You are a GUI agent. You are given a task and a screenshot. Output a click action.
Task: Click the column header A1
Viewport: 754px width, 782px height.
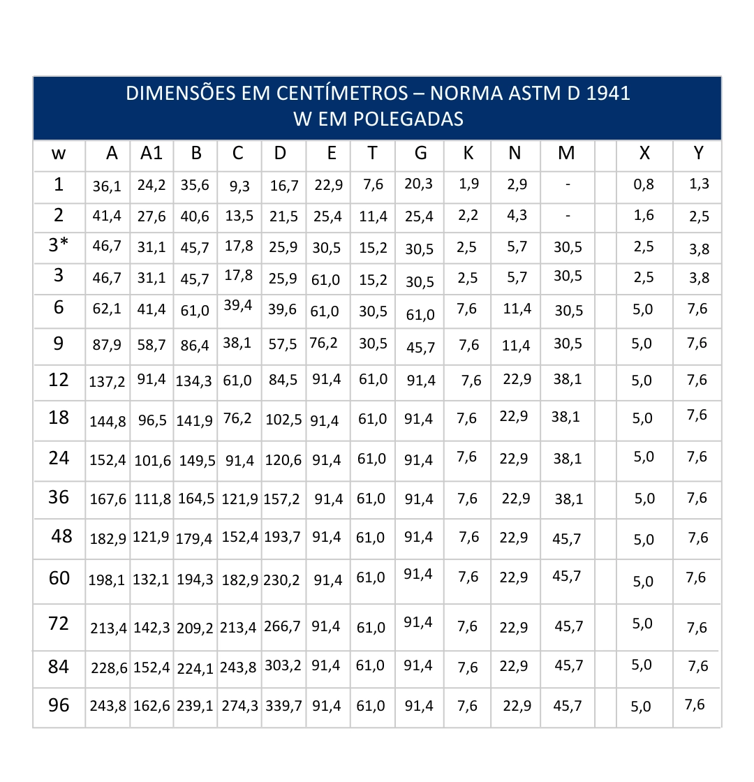pos(151,154)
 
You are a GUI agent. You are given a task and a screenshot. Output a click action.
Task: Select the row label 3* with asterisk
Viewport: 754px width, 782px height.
pos(59,246)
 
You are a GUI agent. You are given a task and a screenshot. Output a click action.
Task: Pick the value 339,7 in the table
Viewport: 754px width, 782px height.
pos(283,706)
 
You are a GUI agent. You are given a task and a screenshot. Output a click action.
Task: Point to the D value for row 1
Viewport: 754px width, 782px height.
pos(284,186)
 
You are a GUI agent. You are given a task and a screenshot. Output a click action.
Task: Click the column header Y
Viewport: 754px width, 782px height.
pos(698,154)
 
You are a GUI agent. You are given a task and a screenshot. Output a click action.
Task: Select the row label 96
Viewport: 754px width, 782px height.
pos(59,705)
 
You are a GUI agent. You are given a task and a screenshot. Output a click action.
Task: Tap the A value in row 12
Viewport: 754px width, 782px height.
pos(107,382)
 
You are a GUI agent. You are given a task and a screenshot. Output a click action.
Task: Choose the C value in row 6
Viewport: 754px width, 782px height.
pos(239,305)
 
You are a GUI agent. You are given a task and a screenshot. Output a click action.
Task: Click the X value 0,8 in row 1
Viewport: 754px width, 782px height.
pos(644,185)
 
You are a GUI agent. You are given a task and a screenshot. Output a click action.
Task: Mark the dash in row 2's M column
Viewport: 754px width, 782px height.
pos(568,216)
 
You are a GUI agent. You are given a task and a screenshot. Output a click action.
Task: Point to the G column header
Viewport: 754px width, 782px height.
pos(420,154)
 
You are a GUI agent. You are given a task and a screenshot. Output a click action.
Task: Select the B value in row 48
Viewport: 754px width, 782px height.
pos(195,539)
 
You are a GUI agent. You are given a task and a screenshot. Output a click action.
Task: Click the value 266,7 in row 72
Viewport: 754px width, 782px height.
pos(282,626)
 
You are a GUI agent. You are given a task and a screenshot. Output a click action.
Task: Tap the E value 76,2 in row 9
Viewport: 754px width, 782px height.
pos(323,343)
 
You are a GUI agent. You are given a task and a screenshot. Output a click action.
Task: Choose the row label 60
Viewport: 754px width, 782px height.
pos(59,578)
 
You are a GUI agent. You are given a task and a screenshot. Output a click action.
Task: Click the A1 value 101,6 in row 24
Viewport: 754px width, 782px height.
pos(151,460)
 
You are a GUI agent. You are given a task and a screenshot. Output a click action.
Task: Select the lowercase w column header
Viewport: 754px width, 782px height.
pos(59,154)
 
